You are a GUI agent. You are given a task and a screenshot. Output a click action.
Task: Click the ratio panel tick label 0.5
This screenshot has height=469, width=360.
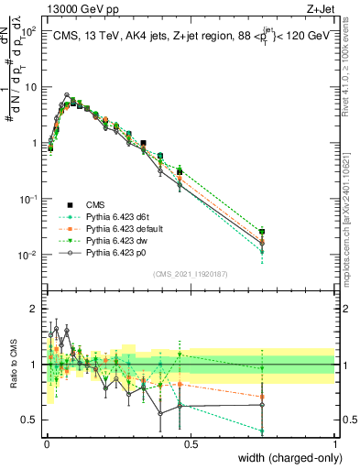point(29,420)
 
